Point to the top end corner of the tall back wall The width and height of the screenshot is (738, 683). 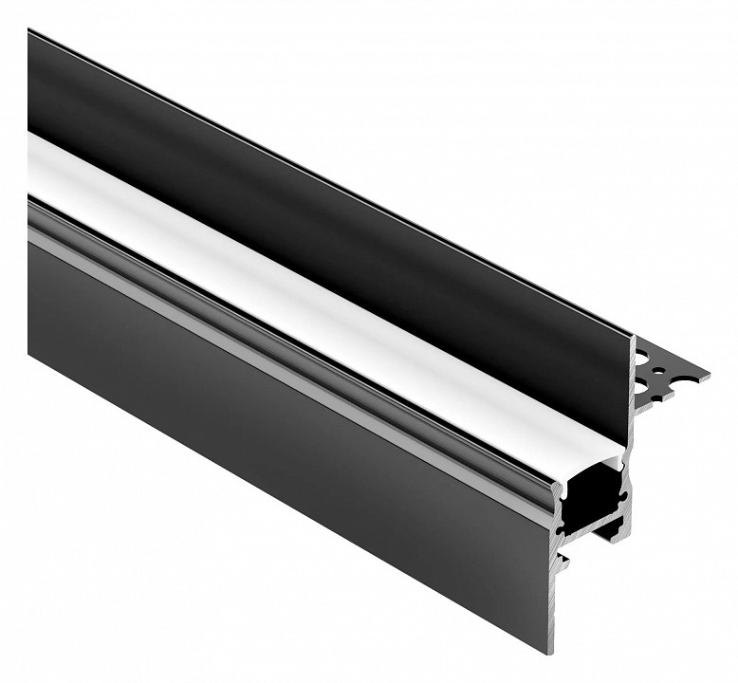tap(633, 336)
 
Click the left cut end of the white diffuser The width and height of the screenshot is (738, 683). tap(31, 161)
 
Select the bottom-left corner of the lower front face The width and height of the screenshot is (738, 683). tap(29, 352)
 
